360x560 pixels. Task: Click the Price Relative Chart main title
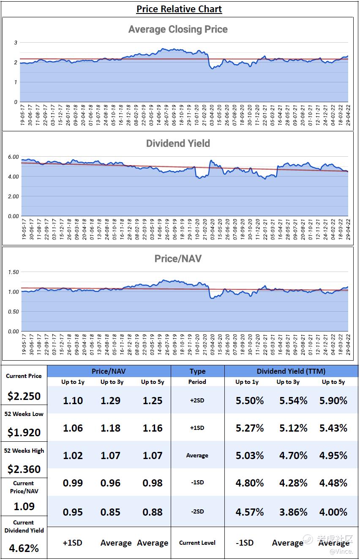coord(179,9)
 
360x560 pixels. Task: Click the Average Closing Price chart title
coord(178,29)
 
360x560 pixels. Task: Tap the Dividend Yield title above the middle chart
coord(178,143)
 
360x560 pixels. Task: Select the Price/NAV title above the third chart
coord(178,258)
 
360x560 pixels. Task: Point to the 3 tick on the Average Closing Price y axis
coord(16,43)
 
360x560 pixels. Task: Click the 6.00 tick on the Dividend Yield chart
coord(14,157)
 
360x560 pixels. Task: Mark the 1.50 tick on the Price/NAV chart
coord(14,272)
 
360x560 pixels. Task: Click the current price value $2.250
coord(24,396)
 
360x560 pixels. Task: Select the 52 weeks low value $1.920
coord(24,432)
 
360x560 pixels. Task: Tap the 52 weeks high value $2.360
coord(24,469)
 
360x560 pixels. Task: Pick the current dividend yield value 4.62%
coord(24,548)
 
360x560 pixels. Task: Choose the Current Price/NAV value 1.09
coord(24,506)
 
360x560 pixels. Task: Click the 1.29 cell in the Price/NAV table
coord(110,400)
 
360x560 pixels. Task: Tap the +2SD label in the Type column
coord(197,400)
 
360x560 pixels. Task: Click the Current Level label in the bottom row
coord(197,543)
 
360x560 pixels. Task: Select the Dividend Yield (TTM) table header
coord(291,372)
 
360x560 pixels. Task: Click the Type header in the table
coord(197,372)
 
